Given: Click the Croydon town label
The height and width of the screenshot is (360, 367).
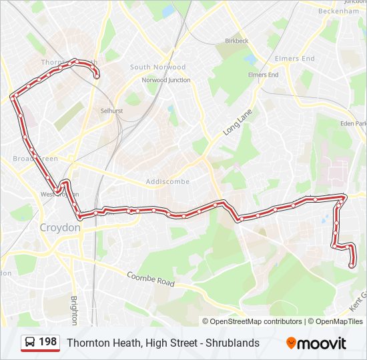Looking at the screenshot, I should tap(59, 227).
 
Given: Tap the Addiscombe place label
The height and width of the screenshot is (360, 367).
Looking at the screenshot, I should tap(167, 181).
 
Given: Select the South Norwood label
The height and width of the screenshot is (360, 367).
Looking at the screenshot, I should tap(157, 67).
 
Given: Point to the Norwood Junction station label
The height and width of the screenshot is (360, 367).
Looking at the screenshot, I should tap(165, 80).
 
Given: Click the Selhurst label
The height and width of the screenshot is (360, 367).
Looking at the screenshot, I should tap(112, 111).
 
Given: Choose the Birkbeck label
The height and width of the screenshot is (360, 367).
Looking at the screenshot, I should tap(236, 41).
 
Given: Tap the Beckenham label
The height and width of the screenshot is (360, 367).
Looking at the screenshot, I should tap(338, 11).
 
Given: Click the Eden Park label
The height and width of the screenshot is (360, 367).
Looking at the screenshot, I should tap(354, 123).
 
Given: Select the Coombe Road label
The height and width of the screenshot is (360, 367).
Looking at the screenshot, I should tap(150, 279).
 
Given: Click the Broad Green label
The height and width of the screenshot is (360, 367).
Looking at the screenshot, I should tap(35, 159).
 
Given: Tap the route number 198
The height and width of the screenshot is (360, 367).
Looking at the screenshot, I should tap(47, 342).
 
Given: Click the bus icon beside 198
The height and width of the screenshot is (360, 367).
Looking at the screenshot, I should tap(30, 343).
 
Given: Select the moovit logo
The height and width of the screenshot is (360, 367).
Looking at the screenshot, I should tap(316, 343).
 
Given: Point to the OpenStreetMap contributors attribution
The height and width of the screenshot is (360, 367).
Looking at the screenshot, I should tap(252, 321).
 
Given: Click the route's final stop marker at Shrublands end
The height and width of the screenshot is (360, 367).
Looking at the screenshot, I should tap(352, 265).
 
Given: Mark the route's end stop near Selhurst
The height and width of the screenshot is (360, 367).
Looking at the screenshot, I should tap(97, 77).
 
